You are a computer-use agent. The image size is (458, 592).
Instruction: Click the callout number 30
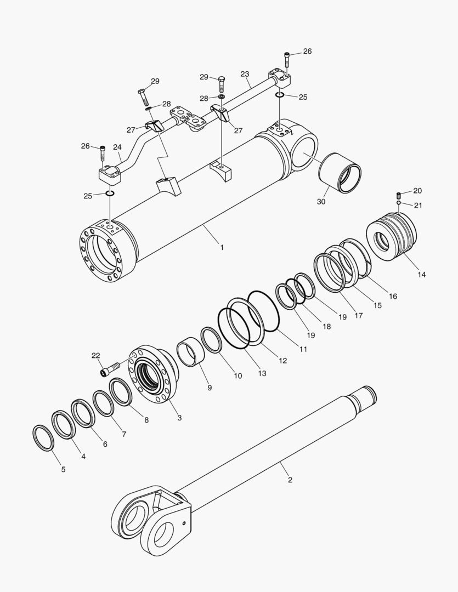pos(321,201)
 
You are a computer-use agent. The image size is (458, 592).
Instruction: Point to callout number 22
pos(95,356)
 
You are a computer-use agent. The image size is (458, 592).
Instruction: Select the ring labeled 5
pos(44,437)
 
